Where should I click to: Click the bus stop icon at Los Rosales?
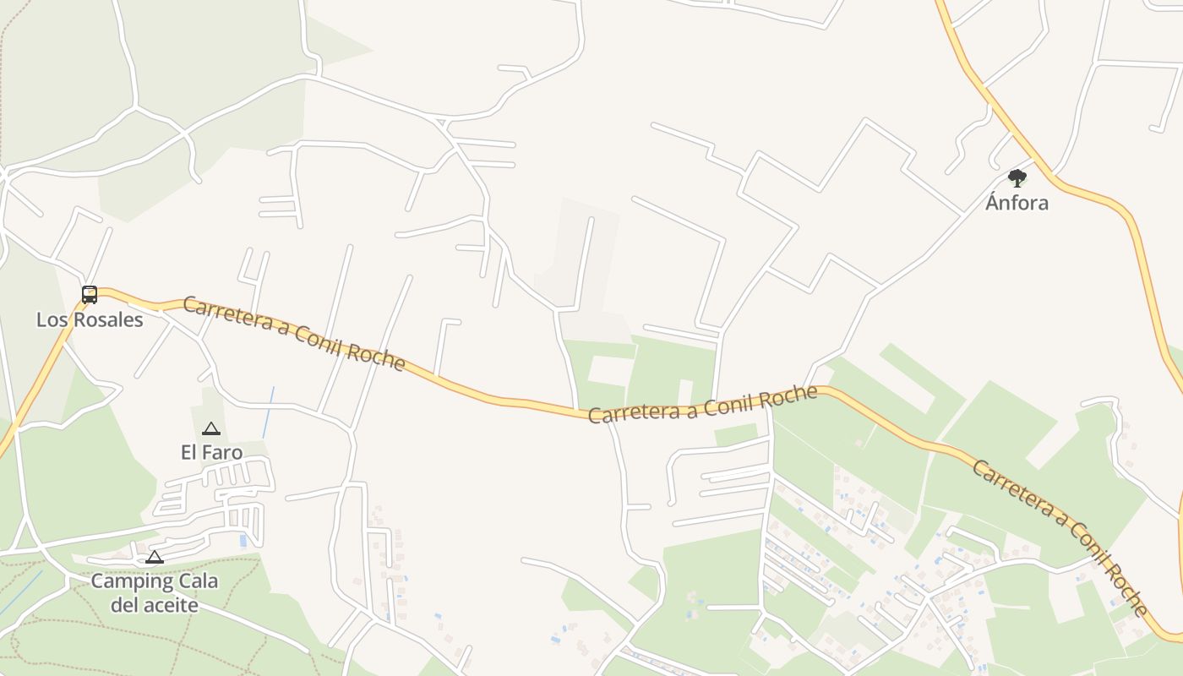coord(90,295)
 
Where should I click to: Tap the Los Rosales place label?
coord(90,320)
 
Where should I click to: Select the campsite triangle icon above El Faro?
coord(211,429)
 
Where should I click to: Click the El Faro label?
coord(211,453)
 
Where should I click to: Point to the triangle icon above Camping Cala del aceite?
coord(154,557)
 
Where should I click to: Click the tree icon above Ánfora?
coord(1017,178)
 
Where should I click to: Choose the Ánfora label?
coord(1017,203)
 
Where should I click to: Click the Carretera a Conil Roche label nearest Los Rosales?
coord(294,333)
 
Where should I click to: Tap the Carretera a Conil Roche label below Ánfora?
coord(1060,537)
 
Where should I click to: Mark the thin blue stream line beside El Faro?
coord(268,412)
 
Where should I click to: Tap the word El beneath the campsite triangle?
coord(188,453)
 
